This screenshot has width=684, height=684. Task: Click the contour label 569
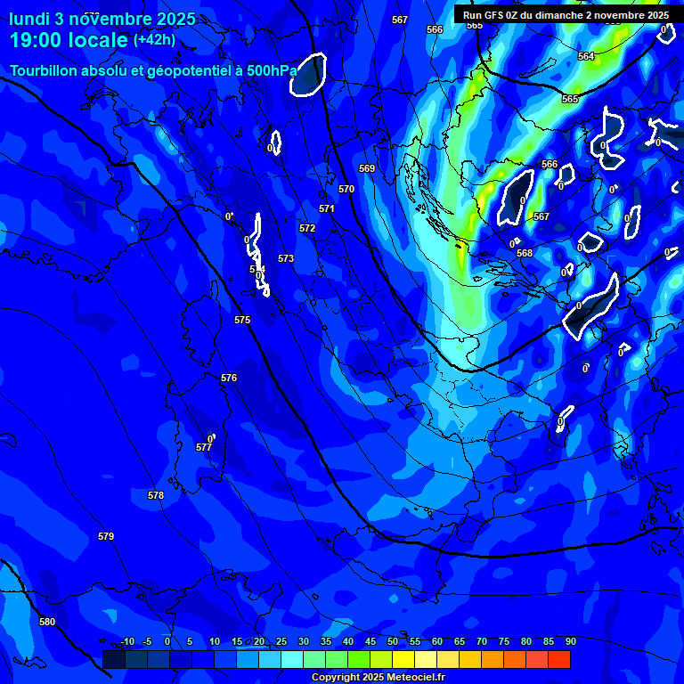tap(367, 168)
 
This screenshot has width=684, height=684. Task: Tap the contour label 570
tap(346, 189)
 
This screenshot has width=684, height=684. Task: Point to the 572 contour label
tap(307, 228)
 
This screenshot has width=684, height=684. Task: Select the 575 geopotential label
tap(242, 319)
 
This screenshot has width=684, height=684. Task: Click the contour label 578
tap(156, 495)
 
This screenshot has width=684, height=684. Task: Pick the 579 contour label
tap(106, 536)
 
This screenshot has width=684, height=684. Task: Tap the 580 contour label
tap(47, 622)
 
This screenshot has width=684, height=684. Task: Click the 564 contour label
tap(585, 56)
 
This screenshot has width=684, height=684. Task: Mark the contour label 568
tap(525, 253)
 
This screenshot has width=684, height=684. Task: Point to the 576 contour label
tap(229, 378)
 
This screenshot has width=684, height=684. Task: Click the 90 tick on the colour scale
tap(570, 641)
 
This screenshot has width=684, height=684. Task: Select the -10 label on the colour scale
tap(126, 641)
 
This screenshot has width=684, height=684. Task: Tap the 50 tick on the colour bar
tap(393, 641)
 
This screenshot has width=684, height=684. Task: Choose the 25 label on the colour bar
tap(281, 641)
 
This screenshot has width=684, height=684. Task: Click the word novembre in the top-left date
tap(107, 18)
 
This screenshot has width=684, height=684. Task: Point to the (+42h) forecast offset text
tap(154, 39)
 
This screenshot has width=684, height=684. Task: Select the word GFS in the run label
tap(493, 15)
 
